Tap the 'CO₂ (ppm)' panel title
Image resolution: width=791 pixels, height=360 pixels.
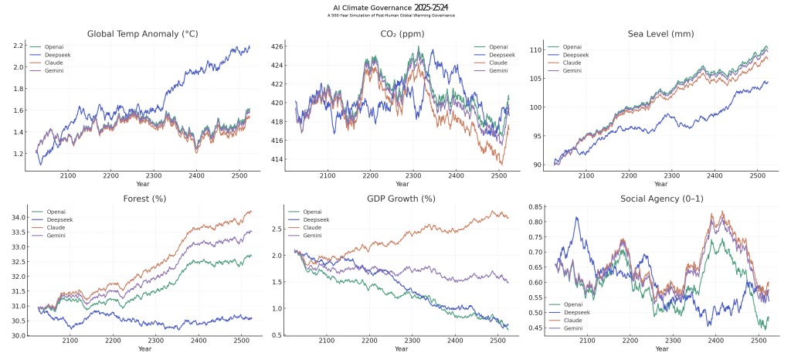coord(402,34)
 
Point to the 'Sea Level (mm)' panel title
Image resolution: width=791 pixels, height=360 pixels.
coord(661,34)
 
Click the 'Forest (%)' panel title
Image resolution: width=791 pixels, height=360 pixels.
coord(144,199)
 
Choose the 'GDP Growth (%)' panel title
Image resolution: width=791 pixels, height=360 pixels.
coord(402,199)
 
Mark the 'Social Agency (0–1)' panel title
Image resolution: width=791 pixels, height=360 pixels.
coord(661,199)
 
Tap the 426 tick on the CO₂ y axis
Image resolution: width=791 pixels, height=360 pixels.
coord(275,46)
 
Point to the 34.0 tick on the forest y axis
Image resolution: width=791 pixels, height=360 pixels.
coord(15,218)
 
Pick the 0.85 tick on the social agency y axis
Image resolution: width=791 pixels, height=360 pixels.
coord(534,207)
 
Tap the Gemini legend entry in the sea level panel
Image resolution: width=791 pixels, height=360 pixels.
coord(572,70)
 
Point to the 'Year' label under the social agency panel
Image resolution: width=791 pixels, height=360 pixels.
coord(661,349)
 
